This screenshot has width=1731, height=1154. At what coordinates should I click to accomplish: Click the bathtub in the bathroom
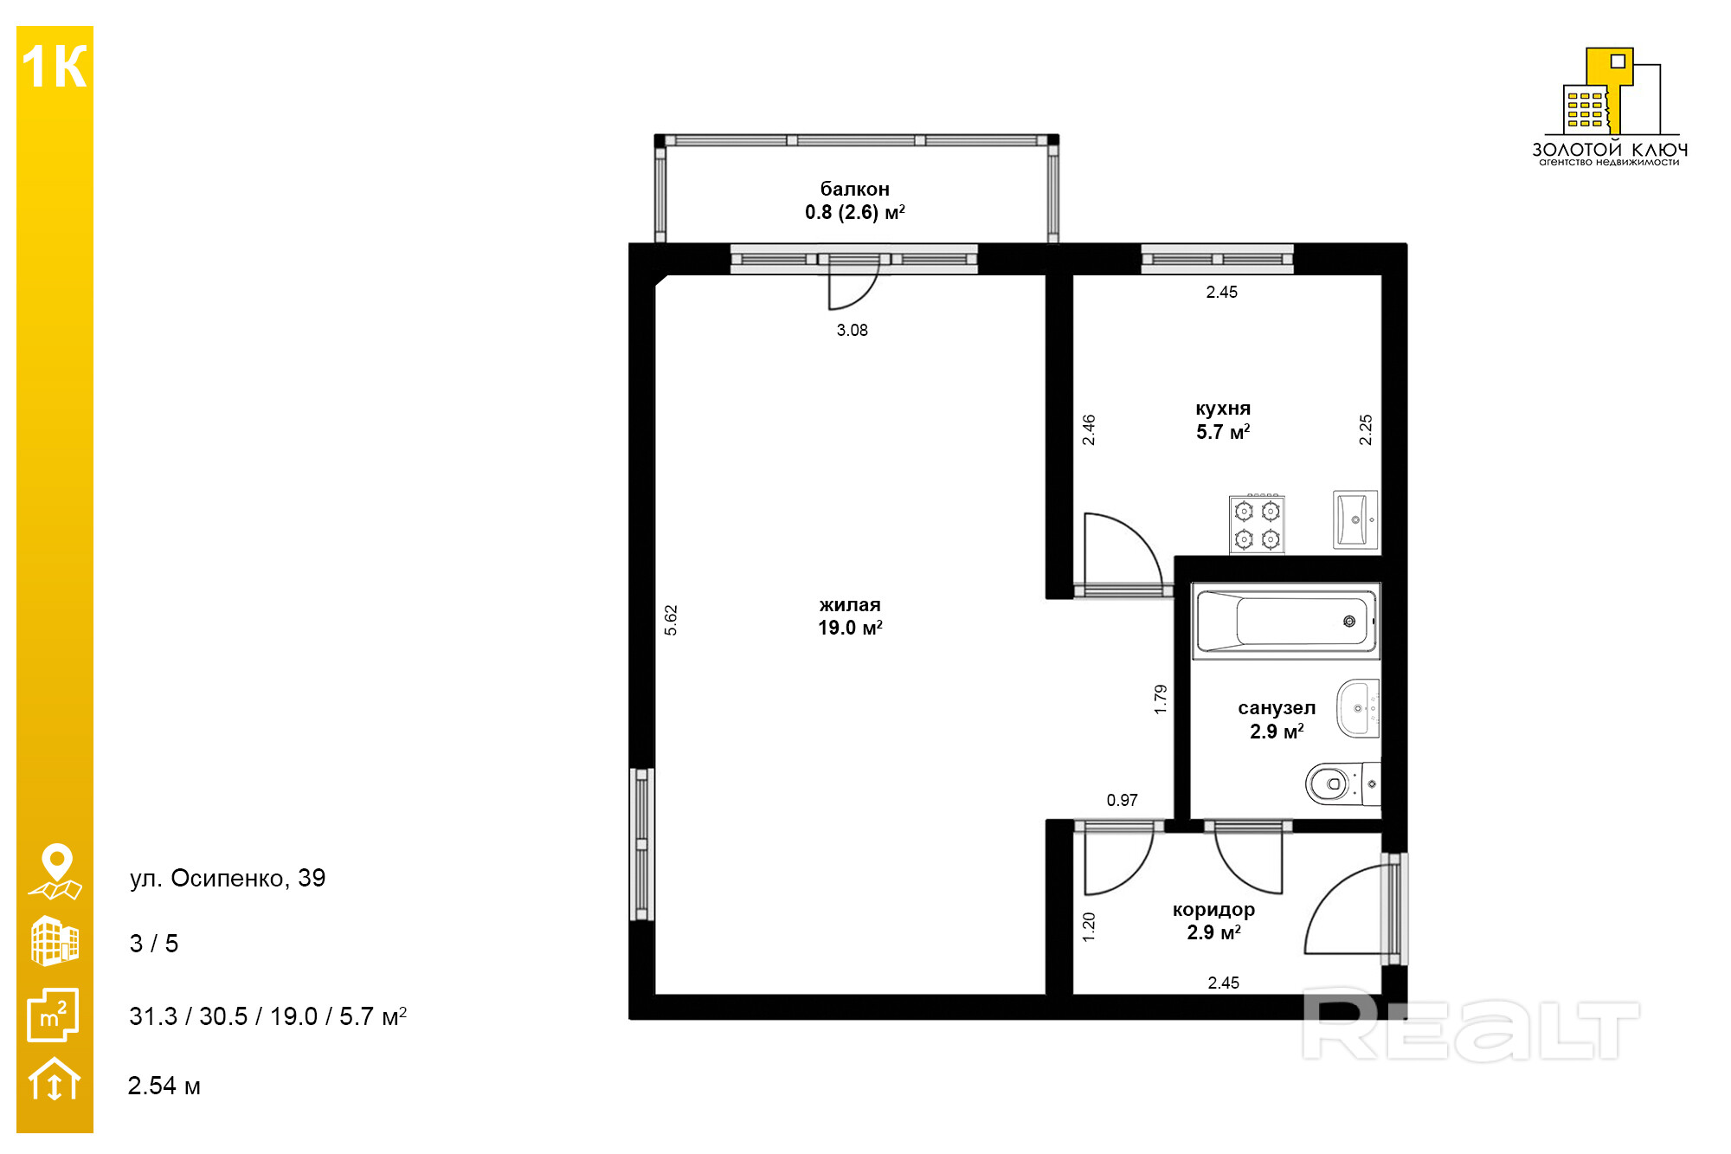1285,621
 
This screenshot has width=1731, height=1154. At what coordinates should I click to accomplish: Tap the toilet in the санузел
1342,783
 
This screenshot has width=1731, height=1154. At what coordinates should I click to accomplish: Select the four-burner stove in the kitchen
1257,525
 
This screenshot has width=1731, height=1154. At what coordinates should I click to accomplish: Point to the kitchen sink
1355,519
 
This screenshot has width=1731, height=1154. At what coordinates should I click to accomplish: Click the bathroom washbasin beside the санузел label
1359,708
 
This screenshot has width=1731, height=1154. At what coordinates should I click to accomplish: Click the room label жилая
850,605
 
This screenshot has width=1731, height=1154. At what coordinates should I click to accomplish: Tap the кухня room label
1223,409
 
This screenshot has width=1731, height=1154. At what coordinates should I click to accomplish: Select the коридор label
1213,910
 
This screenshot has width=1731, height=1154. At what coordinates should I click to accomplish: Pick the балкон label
854,189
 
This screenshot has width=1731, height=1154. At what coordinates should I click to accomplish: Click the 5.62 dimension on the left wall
671,620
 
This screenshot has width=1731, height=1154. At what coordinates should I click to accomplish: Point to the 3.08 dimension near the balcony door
852,330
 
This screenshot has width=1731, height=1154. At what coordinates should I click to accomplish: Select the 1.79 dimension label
1161,699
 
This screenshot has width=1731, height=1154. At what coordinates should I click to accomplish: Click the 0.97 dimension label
1122,800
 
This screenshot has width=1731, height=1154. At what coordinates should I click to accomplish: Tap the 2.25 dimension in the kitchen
1366,429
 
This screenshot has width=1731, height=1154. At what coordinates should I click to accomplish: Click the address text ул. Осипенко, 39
228,878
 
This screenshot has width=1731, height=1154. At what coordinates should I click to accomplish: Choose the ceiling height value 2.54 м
164,1086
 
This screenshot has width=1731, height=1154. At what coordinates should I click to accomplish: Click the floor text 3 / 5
154,944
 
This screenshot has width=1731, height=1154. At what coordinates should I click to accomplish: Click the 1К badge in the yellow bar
55,66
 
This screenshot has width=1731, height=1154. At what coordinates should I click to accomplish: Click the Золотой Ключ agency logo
1610,106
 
